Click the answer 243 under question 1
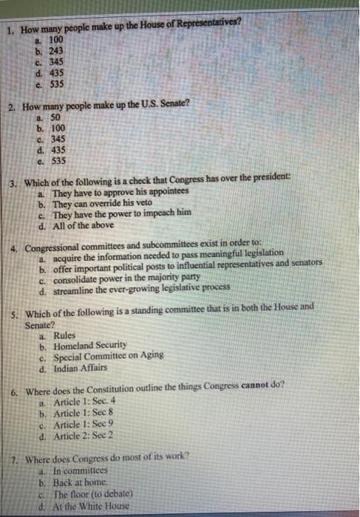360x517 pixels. tap(55, 51)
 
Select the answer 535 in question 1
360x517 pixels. tap(55, 84)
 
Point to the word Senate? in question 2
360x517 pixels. tap(172, 106)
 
